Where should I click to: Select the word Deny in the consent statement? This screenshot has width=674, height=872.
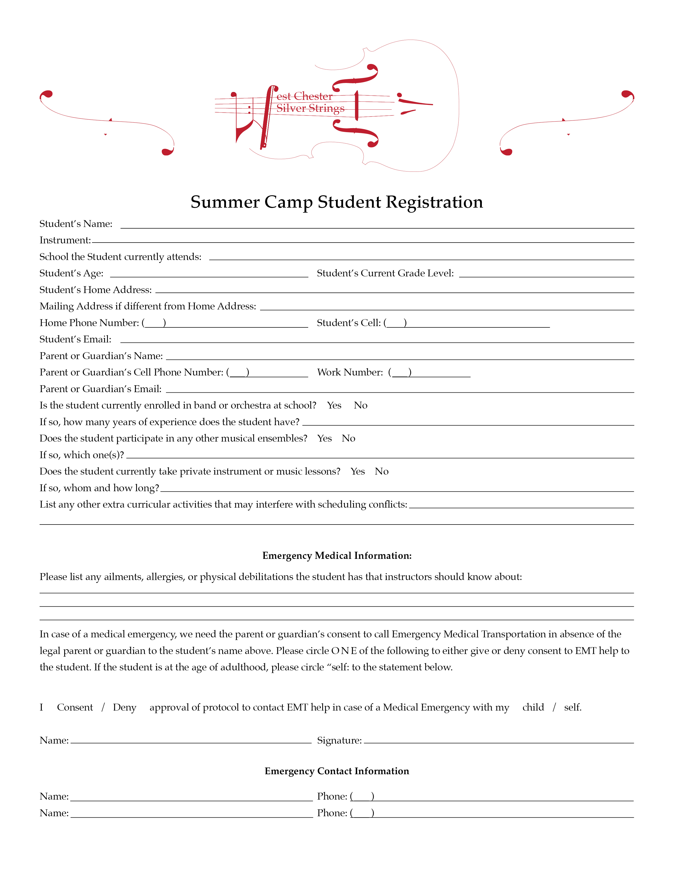click(124, 707)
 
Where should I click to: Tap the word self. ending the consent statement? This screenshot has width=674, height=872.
click(572, 707)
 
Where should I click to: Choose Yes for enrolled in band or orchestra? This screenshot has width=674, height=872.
click(334, 406)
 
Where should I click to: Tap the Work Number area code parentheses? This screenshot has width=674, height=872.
click(400, 373)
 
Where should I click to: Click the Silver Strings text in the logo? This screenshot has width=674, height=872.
click(310, 108)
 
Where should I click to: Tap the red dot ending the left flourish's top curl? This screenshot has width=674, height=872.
click(47, 94)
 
